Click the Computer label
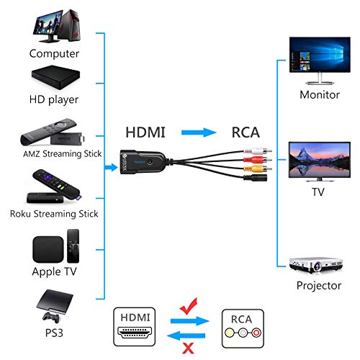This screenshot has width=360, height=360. coord(54,53)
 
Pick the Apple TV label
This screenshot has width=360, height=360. coord(54,272)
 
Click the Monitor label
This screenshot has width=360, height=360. coord(318,94)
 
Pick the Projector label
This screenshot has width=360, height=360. coord(318,286)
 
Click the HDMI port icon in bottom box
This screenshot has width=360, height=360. coord(137,333)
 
